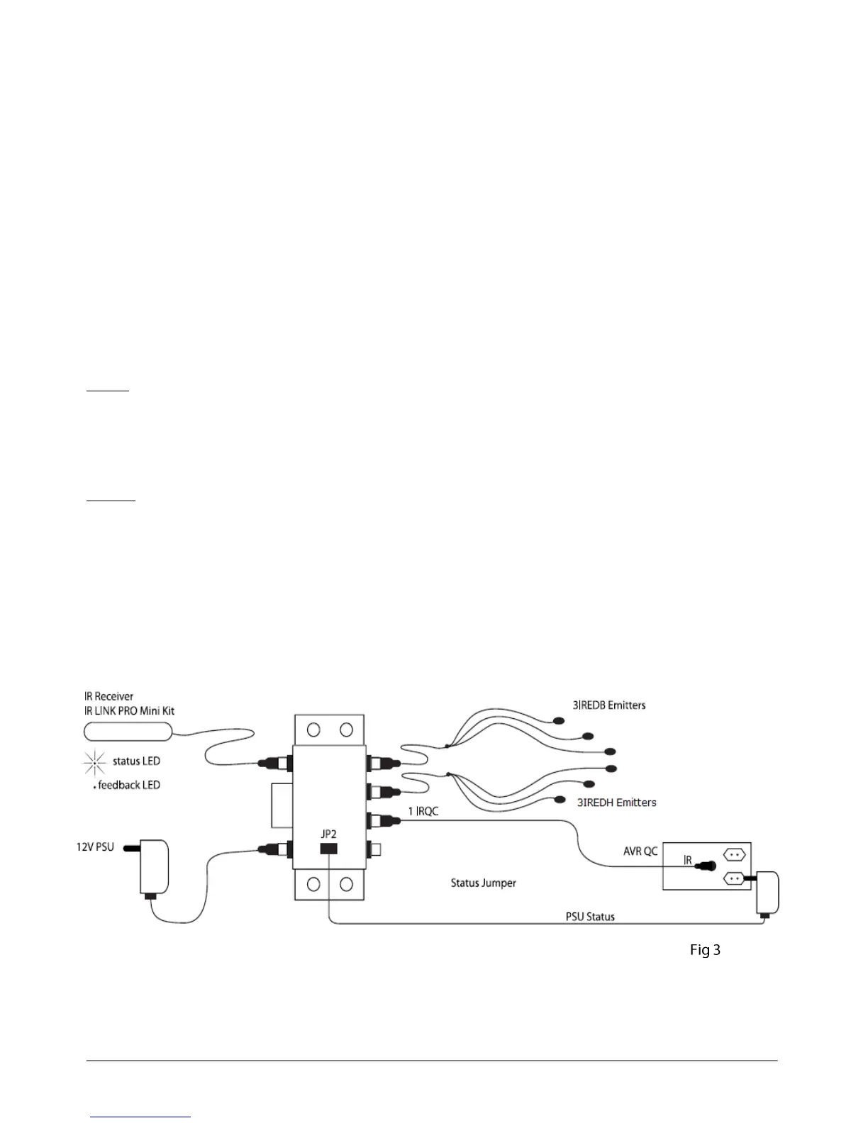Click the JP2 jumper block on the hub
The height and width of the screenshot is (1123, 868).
[x=328, y=848]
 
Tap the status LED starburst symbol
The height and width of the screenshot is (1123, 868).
[x=94, y=761]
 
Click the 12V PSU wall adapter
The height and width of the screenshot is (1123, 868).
[x=154, y=867]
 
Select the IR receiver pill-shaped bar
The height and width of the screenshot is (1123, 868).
[x=128, y=731]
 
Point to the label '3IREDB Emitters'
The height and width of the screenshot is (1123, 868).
[x=609, y=705]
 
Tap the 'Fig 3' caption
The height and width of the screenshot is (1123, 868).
[x=705, y=950]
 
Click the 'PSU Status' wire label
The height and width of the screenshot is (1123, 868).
[x=590, y=917]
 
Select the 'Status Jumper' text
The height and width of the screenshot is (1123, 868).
[x=484, y=883]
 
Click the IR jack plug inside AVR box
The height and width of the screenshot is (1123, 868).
[x=706, y=866]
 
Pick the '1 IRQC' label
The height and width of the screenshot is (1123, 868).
[x=423, y=811]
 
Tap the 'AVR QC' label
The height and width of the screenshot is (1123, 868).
[x=640, y=851]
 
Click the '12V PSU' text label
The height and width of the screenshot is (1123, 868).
[x=95, y=847]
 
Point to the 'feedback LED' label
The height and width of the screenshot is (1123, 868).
[x=128, y=785]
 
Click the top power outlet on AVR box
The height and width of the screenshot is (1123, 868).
[x=734, y=855]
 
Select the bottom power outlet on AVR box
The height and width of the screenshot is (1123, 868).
[x=734, y=879]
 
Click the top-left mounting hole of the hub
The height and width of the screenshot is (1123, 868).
[x=313, y=729]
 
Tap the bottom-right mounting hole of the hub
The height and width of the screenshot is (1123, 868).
[x=346, y=884]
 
